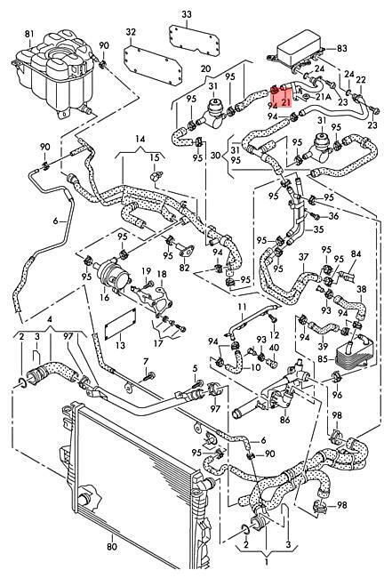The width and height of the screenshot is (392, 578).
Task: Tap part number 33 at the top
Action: point(187,15)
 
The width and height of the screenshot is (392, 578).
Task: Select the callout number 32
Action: point(131,32)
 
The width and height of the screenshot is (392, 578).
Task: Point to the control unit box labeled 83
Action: point(299,52)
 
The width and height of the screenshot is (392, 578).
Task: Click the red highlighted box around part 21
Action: point(281,95)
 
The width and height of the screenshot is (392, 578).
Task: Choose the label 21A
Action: point(324,97)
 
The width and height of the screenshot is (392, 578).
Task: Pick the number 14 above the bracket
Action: point(140,139)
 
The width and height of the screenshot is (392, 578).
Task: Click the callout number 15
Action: point(155,157)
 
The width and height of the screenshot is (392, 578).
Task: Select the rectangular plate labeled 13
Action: point(121,325)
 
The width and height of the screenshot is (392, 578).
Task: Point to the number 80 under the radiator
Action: point(112,546)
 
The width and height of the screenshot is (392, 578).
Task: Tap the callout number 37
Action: point(303,257)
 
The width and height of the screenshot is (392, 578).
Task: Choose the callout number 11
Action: point(242,307)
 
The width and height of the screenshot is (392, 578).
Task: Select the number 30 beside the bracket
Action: point(216,156)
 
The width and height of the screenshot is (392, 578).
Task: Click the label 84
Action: point(356,254)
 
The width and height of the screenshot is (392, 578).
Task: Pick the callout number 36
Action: point(333,215)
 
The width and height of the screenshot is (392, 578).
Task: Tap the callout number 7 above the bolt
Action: point(146,360)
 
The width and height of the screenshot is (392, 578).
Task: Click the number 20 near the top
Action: point(206,68)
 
